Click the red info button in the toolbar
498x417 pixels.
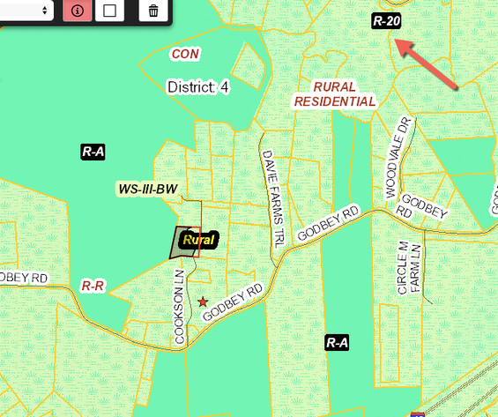tap(77, 11)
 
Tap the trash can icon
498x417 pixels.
tap(153, 11)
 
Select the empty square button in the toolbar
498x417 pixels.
tap(110, 11)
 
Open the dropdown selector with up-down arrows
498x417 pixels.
tap(26, 11)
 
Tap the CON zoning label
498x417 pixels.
tap(185, 54)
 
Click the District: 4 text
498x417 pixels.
tap(198, 87)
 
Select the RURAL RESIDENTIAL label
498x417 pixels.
tap(334, 94)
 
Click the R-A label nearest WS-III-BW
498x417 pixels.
tap(93, 152)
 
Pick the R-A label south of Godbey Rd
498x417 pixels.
tap(336, 342)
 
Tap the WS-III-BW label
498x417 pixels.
tap(148, 189)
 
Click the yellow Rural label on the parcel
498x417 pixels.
tap(198, 239)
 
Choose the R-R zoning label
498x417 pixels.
tap(93, 286)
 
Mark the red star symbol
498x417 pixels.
tap(204, 302)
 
